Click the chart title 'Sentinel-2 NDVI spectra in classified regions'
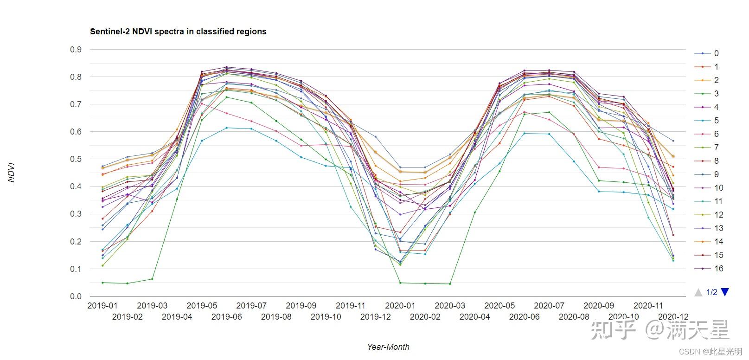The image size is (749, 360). [x=178, y=32]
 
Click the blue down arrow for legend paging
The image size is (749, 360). [x=725, y=292]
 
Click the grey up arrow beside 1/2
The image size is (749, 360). [x=698, y=292]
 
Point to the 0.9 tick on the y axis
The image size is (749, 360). [x=76, y=50]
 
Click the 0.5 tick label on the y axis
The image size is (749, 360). [x=76, y=159]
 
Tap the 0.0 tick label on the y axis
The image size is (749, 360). [x=76, y=296]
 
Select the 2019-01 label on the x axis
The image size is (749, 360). [x=102, y=306]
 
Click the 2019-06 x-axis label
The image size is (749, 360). [x=227, y=317]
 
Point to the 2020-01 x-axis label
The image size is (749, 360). [x=400, y=306]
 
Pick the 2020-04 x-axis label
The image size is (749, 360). [x=474, y=317]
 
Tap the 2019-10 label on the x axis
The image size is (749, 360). [x=326, y=317]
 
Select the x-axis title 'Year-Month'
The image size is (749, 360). [x=388, y=347]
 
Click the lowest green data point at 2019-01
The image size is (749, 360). [x=102, y=283]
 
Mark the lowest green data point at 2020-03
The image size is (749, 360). [x=450, y=284]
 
